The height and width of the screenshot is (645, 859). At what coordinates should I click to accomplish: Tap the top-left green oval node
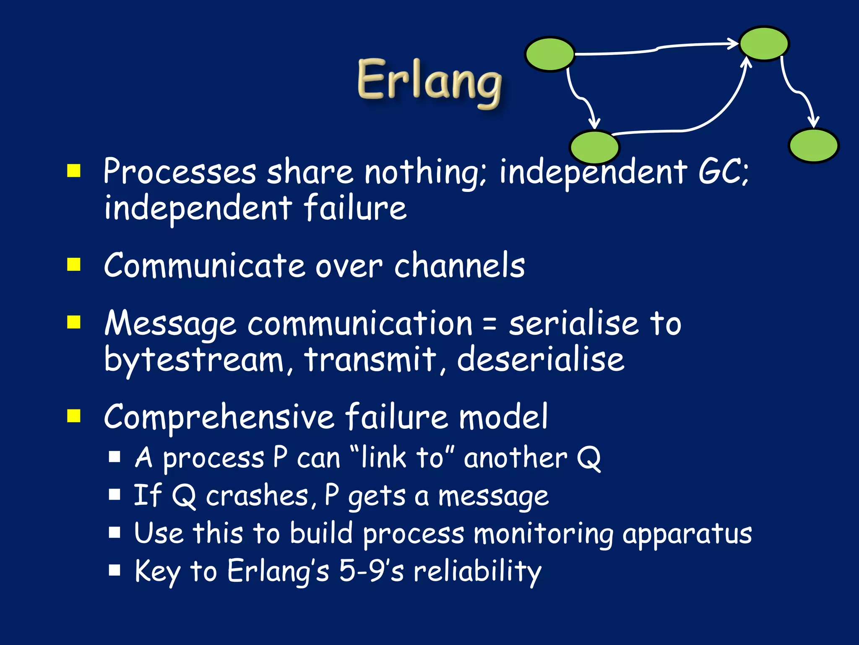(549, 54)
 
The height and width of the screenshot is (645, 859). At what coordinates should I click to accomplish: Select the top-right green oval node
(764, 43)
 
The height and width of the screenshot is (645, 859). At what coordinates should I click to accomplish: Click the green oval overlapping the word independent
(594, 147)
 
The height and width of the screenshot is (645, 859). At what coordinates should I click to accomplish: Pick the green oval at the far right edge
(813, 145)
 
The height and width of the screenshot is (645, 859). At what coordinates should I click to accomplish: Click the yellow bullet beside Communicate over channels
(74, 265)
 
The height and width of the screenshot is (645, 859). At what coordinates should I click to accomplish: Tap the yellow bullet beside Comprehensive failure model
(74, 416)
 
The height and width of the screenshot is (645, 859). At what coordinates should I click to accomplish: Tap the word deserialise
(540, 359)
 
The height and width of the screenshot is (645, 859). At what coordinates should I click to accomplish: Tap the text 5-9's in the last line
(371, 571)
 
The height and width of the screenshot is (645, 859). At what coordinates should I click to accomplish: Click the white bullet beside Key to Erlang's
(115, 571)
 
